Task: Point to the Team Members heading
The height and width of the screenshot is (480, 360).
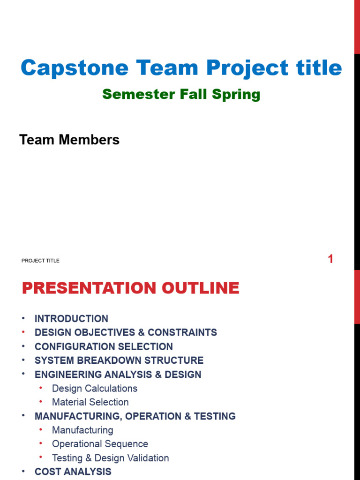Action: [69, 140]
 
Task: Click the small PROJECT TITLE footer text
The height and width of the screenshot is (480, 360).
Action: [40, 261]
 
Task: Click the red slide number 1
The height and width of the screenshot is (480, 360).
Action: [330, 259]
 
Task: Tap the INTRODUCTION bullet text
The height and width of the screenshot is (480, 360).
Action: [71, 319]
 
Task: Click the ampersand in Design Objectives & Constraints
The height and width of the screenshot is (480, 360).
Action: [141, 333]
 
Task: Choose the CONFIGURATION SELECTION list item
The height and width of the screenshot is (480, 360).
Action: [104, 347]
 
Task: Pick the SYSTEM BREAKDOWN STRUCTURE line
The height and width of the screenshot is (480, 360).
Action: [119, 360]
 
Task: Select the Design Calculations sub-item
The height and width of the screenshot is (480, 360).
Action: [95, 389]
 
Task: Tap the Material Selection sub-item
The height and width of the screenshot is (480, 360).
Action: [90, 402]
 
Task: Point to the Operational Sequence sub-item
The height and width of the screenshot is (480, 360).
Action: [100, 444]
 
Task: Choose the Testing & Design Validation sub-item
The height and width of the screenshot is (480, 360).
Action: [110, 458]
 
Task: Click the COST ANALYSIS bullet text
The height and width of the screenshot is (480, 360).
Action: [73, 472]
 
